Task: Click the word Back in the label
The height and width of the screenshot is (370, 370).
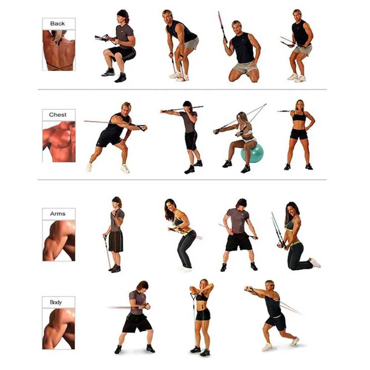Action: [57, 24]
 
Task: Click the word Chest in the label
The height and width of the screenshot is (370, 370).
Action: [58, 115]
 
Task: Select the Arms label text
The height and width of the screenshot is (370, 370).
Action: [58, 214]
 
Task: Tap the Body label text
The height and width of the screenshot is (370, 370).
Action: [56, 302]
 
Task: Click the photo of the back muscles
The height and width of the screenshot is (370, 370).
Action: [59, 50]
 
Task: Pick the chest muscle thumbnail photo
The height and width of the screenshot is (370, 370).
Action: [59, 142]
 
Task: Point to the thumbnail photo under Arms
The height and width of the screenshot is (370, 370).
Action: [59, 241]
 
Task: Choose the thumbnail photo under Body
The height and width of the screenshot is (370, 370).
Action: [58, 329]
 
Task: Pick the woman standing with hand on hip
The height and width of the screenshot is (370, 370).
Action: [300, 135]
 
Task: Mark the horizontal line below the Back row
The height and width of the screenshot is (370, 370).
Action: [182, 90]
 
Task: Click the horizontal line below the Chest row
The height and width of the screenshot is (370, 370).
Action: [182, 179]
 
